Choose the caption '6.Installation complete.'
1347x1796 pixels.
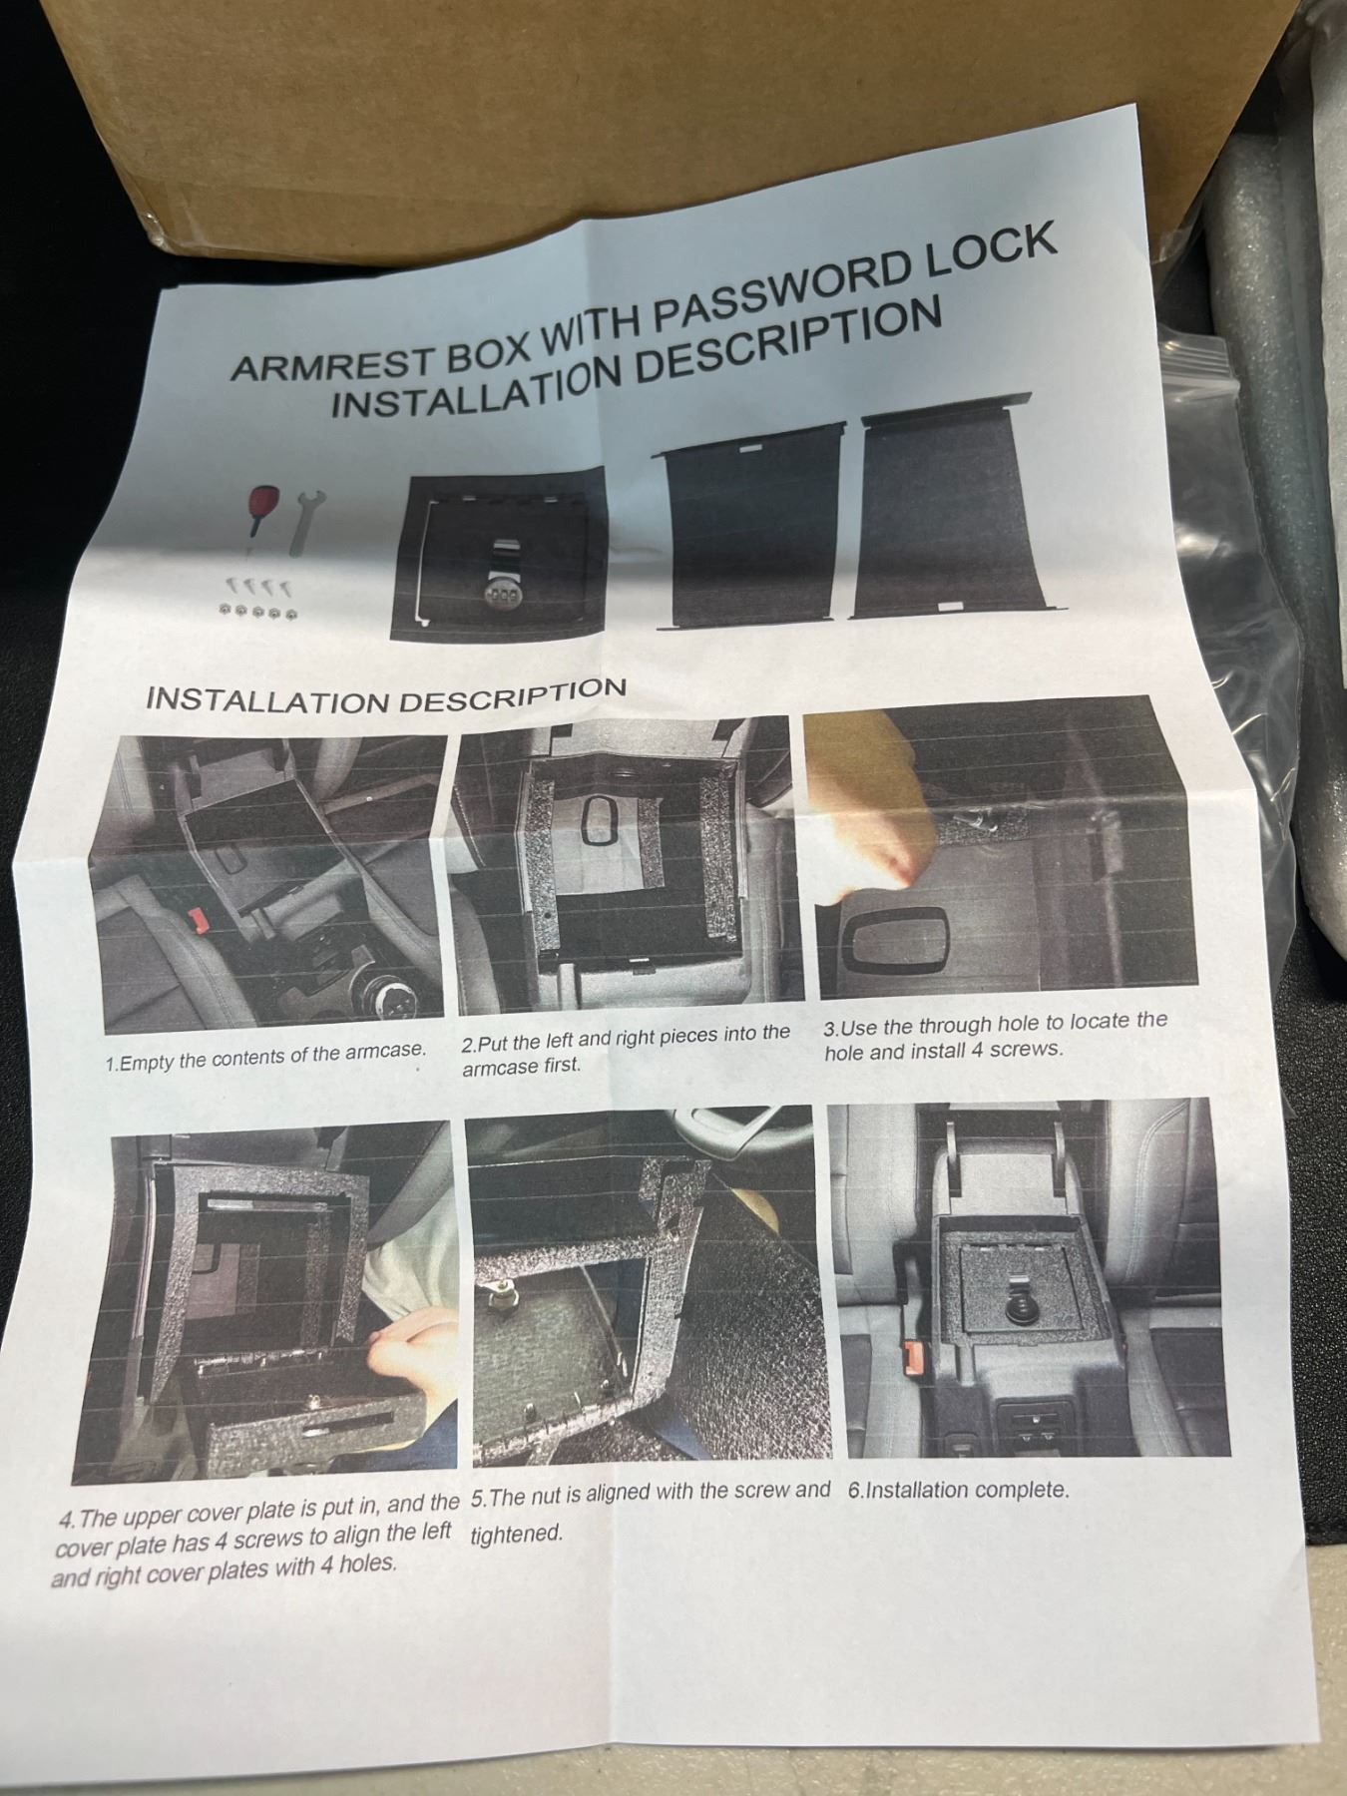[x=958, y=1491]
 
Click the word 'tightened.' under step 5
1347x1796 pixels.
[x=517, y=1534]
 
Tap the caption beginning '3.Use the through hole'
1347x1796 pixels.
[x=995, y=1036]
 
